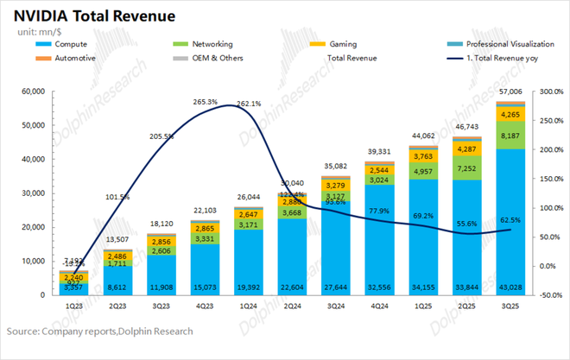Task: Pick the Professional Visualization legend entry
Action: point(510,43)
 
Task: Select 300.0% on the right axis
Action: point(551,91)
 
